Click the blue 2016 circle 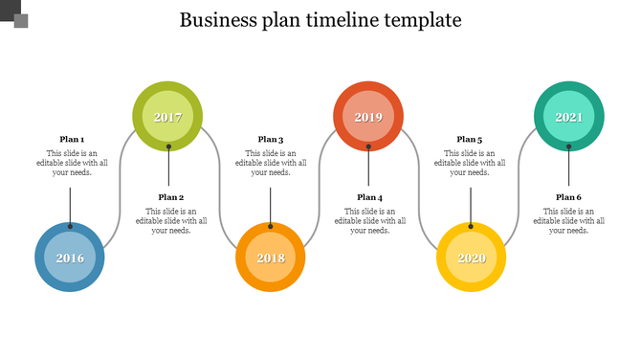tap(70, 258)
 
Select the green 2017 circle tap(168, 117)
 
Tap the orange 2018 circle tap(271, 258)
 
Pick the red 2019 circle tap(368, 117)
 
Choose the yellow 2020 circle tap(471, 258)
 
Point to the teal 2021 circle tap(569, 117)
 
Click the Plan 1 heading tap(72, 139)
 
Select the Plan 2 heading tap(171, 196)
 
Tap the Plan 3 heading tap(271, 139)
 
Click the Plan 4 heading tap(370, 196)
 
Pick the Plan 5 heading tap(470, 139)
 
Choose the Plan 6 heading tap(569, 196)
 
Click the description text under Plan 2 tap(171, 220)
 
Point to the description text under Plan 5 tap(470, 163)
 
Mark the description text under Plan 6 tap(569, 220)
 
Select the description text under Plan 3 tap(271, 163)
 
